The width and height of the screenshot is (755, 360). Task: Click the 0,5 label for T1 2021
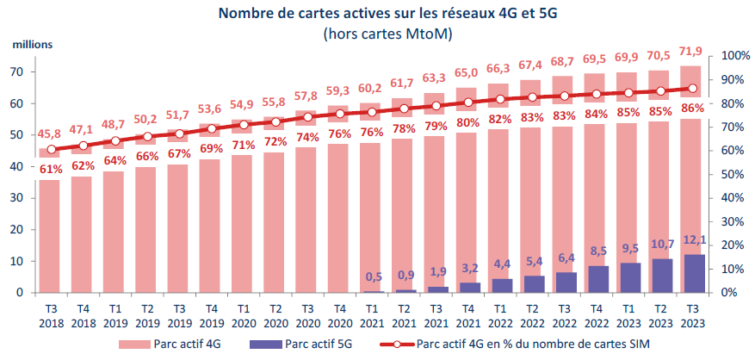(x=374, y=277)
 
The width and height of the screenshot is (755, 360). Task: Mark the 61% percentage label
(x=50, y=168)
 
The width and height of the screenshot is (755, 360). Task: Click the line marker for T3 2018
(x=50, y=150)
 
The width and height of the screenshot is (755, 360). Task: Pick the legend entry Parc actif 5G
(x=315, y=344)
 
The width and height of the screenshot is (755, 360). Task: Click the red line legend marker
(x=398, y=344)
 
